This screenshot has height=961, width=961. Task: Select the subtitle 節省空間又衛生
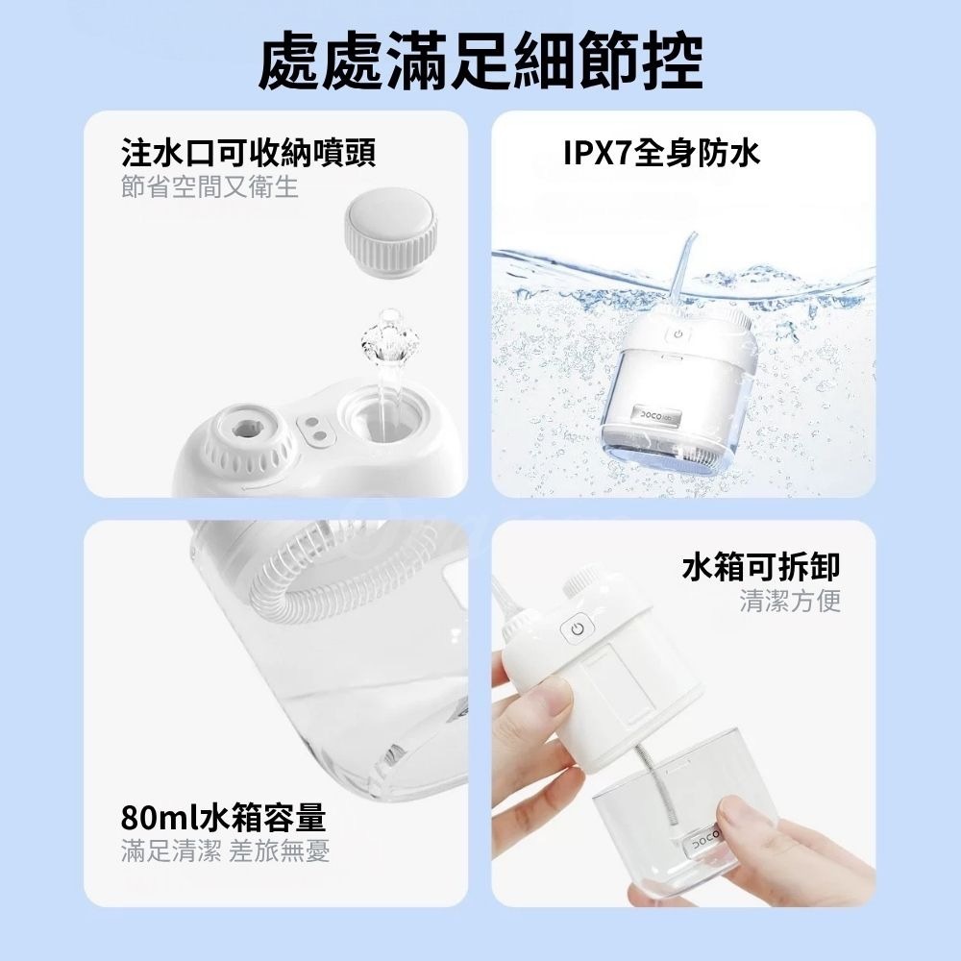[209, 186]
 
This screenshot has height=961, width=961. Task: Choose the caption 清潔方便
[790, 602]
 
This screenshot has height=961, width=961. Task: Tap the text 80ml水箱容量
[223, 818]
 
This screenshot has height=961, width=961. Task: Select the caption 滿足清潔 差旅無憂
[226, 851]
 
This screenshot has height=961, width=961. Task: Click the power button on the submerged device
[678, 336]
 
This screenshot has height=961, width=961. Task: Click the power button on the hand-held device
[577, 630]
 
